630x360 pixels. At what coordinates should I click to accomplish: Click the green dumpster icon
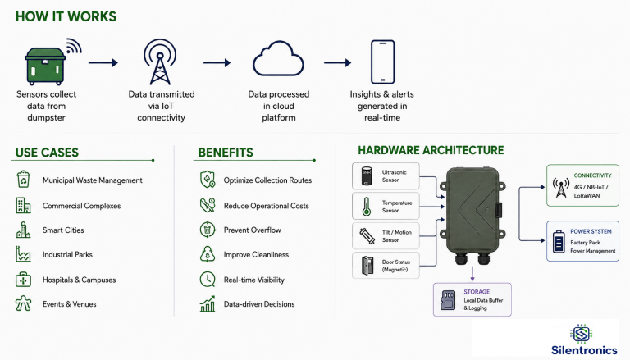pos(45,66)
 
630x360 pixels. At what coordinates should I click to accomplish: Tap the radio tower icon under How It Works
pos(160,62)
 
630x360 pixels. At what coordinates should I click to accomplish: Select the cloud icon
pos(278,59)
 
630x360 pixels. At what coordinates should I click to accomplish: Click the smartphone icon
pos(382,62)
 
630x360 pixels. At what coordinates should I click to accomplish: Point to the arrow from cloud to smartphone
pos(337,62)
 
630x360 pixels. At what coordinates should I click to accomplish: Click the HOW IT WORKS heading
pos(66,16)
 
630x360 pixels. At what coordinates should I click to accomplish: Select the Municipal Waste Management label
pos(93,180)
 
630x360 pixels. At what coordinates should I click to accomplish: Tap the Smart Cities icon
pos(23,230)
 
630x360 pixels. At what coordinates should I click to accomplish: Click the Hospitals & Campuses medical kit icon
pos(23,280)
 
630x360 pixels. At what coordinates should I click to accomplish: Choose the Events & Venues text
pos(70,304)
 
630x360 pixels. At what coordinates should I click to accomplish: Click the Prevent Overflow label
pos(253,230)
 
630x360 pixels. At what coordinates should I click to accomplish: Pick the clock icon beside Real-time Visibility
pos(208,280)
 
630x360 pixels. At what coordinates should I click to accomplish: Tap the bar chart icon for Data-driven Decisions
pos(208,304)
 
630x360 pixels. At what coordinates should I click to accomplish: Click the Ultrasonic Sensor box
pos(386,176)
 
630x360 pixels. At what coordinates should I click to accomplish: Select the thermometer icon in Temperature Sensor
pos(366,206)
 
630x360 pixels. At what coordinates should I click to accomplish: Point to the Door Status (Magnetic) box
pos(386,266)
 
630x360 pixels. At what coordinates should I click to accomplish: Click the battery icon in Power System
pos(559,241)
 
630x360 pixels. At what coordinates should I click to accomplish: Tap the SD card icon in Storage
pos(448,300)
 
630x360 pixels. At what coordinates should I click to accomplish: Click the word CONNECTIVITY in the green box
pos(592,175)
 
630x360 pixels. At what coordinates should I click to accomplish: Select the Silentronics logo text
pos(584,350)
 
